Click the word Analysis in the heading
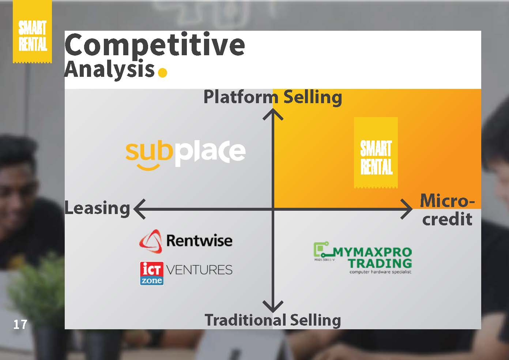coord(110,69)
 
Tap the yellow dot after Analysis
coord(162,73)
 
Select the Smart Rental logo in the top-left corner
coord(32,31)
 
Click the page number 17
coord(20,325)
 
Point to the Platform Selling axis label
coord(273,97)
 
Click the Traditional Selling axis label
coord(273,320)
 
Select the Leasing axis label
coord(97,208)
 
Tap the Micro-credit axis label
coord(447,210)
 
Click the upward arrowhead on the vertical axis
coord(273,114)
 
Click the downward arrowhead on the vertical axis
coord(273,306)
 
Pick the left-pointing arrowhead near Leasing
coord(139,209)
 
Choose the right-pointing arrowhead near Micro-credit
coord(407,209)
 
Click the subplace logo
coord(186,154)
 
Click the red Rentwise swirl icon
coord(151,241)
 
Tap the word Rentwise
coord(199,240)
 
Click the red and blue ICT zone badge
coord(152,273)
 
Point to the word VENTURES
coord(199,270)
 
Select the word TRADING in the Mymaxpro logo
coord(380,263)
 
